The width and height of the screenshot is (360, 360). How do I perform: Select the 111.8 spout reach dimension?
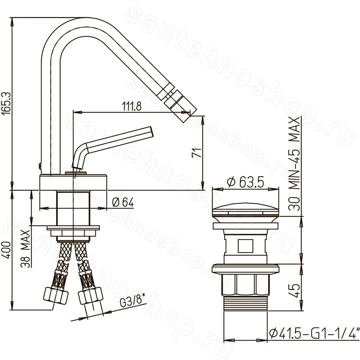(132, 106)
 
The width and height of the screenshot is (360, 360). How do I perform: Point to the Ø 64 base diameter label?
(123, 202)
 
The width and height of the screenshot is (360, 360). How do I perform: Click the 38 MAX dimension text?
(26, 249)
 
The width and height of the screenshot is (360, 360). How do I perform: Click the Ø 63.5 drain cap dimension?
(245, 182)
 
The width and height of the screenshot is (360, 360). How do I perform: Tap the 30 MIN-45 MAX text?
(295, 164)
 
